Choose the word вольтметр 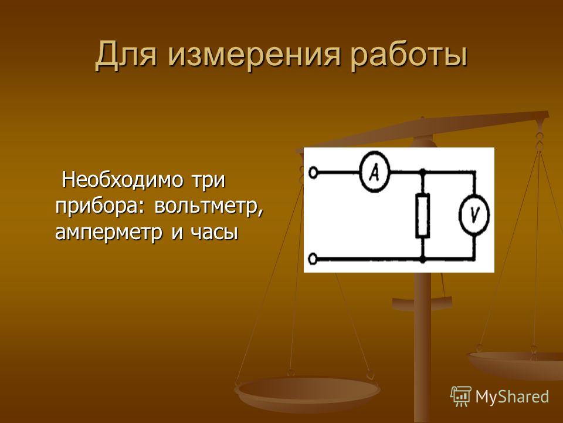coord(208,206)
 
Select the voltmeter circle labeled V coord(474,215)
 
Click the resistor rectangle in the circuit coord(423,216)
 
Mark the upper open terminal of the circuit coord(313,173)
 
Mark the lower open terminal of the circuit coord(313,259)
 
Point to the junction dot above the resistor coord(423,173)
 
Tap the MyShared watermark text coord(512,397)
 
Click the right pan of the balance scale coord(514,363)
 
